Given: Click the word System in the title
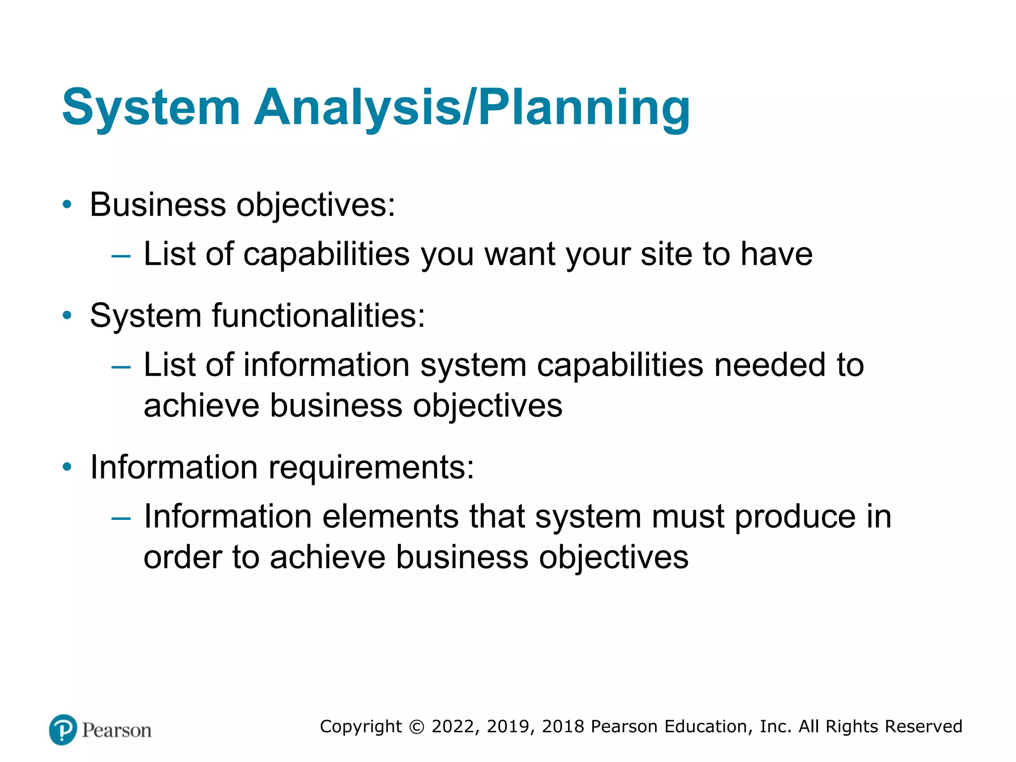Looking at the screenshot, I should (151, 108).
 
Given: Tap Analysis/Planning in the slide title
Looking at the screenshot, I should (472, 108).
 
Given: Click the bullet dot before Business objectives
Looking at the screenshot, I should (67, 204).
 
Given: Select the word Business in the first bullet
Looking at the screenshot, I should (158, 204).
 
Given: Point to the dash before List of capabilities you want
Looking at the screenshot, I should (121, 256).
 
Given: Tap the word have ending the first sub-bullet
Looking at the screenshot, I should (776, 254).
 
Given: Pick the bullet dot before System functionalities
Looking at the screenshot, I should (67, 315).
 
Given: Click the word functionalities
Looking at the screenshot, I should (318, 316).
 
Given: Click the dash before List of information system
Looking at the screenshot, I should (121, 368).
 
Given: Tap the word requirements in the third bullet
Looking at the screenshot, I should (371, 468).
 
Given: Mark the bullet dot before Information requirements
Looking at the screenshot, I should (67, 467).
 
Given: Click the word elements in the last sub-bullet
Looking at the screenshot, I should (390, 516).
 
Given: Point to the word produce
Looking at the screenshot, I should (795, 517).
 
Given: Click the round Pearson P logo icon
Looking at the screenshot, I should (63, 730).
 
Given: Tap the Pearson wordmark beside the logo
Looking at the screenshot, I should (117, 731).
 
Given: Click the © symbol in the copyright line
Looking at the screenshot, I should (417, 727).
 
